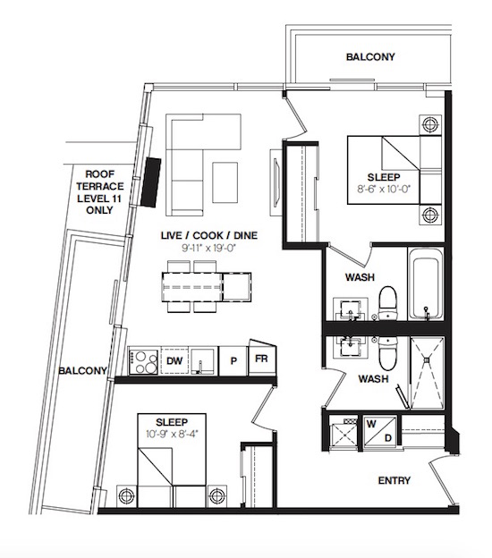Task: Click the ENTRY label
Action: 394,480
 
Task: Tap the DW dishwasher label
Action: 174,361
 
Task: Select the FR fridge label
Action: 261,359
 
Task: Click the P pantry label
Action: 233,361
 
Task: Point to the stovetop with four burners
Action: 143,362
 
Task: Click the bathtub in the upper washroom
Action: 426,284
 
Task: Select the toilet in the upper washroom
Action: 387,303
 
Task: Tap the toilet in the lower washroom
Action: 387,353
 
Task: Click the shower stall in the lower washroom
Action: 428,373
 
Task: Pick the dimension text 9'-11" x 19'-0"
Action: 209,248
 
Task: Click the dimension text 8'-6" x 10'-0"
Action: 384,189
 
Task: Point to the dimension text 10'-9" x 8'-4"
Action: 172,435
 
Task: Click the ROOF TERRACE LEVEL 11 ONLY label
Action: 100,192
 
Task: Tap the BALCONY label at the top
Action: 370,57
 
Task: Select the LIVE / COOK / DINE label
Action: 209,235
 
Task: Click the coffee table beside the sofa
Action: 225,182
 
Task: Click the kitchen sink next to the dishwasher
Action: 202,361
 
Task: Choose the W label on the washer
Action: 371,424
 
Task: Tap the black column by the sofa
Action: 150,182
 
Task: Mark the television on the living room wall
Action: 276,182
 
